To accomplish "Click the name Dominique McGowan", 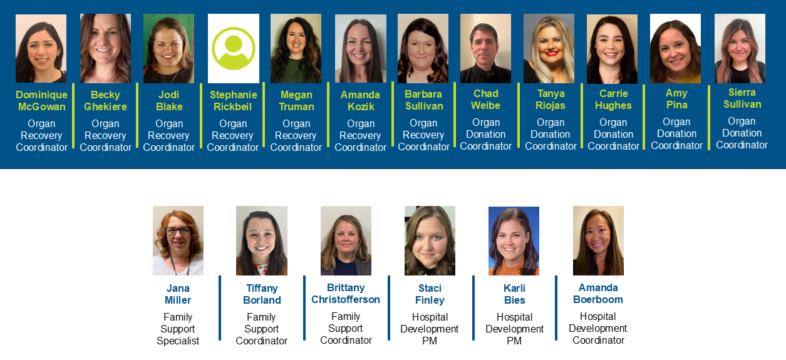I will (x=41, y=101).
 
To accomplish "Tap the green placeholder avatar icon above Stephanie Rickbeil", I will (x=233, y=48).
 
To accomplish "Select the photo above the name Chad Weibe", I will (x=485, y=49).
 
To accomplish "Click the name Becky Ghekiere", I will (x=105, y=101).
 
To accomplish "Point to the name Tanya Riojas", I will (x=551, y=100).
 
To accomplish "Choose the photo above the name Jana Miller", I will (x=178, y=240).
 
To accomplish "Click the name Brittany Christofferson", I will (x=346, y=294).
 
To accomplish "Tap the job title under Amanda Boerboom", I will (x=598, y=328).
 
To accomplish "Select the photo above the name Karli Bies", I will (x=514, y=240).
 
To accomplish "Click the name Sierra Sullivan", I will (x=742, y=98).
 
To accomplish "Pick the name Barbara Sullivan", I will (x=423, y=100).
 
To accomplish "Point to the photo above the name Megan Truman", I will (x=296, y=49).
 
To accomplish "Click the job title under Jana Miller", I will (x=178, y=329).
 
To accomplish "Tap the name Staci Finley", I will (x=430, y=294).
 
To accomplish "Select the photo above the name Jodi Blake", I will (x=168, y=49).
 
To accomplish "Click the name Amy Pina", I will (x=676, y=99).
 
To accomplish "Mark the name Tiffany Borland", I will (x=262, y=294).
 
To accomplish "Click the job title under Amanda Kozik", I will (x=361, y=135).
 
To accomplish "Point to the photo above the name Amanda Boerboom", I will (x=598, y=240).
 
